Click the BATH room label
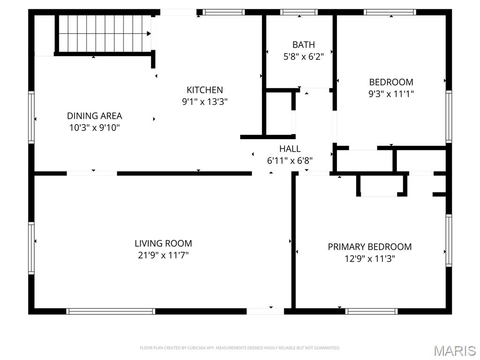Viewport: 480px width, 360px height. [x=303, y=45]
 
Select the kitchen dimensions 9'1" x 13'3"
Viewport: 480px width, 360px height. [x=205, y=102]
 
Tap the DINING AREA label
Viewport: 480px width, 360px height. [x=95, y=116]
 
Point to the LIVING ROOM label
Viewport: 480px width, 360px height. [x=164, y=243]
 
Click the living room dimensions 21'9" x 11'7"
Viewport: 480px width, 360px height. [x=163, y=255]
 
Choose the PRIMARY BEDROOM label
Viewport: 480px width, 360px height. [x=370, y=247]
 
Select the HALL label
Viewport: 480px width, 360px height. [x=290, y=149]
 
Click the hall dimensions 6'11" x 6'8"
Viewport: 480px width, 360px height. [x=290, y=160]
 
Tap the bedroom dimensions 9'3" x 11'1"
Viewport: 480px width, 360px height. [x=391, y=94]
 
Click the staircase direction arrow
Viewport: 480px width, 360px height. [x=149, y=34]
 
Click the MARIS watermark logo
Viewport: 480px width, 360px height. [x=454, y=351]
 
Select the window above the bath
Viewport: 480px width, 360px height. [x=299, y=12]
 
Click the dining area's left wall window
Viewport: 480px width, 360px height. [x=31, y=117]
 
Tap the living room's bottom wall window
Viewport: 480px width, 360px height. [x=111, y=311]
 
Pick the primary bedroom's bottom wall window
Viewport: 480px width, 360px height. [x=372, y=311]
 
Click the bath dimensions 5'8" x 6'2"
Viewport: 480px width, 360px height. [x=303, y=57]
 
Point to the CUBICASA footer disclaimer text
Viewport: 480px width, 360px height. [x=240, y=348]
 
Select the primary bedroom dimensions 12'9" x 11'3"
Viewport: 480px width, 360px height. [x=370, y=259]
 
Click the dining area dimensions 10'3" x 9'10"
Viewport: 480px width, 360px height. [x=95, y=127]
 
